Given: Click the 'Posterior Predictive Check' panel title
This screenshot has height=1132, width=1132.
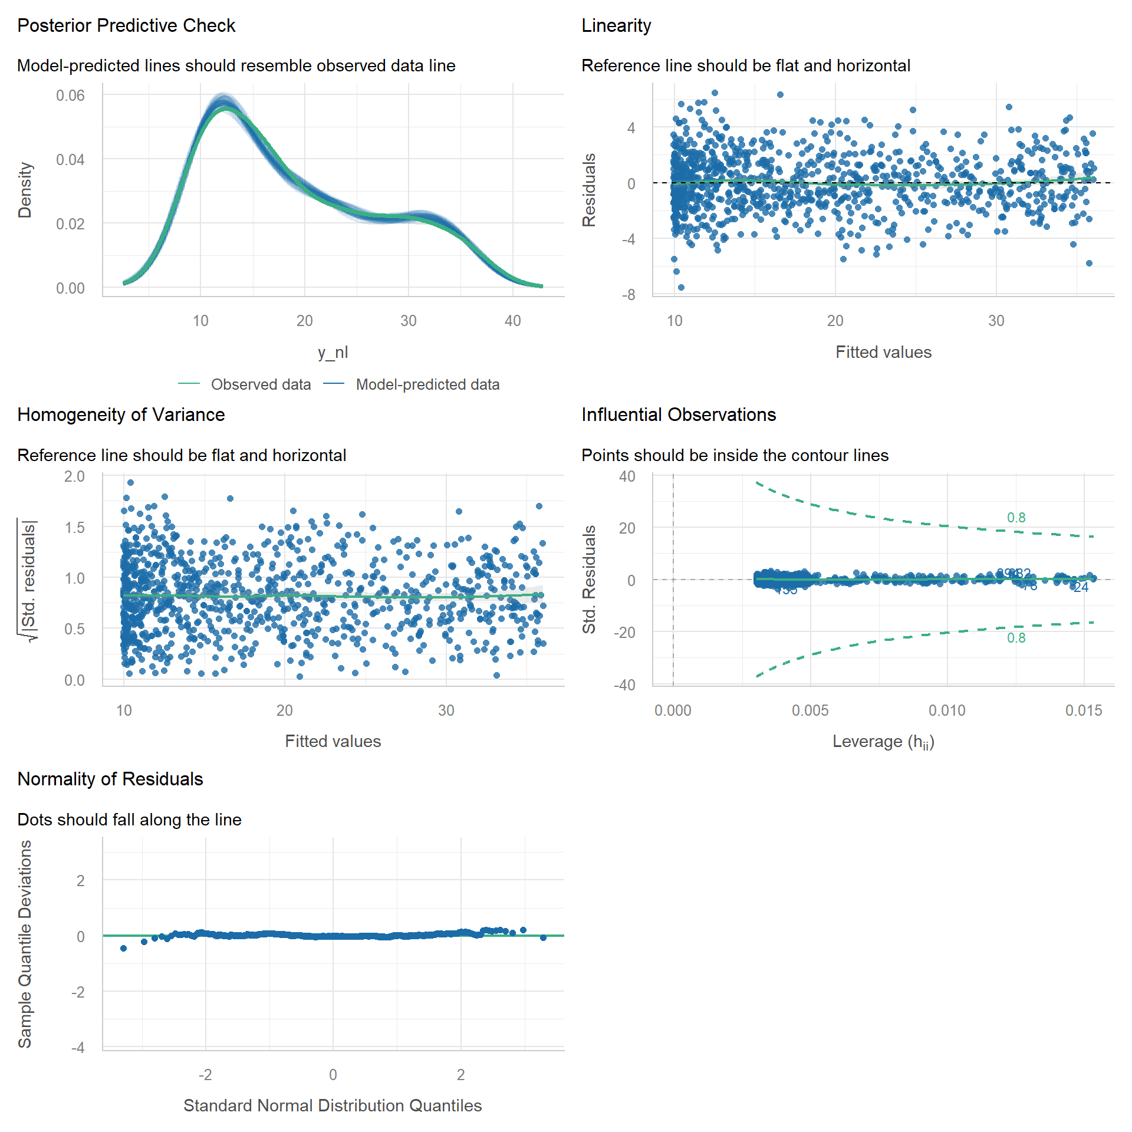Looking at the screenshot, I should (x=126, y=26).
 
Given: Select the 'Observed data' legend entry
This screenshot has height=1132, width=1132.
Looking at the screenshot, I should (x=261, y=384).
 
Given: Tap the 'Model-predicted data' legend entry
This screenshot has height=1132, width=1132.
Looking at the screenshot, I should (x=427, y=384).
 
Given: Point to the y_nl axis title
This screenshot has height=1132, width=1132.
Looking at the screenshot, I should (x=333, y=352).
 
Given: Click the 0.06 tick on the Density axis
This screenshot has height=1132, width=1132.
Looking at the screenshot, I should (x=70, y=96).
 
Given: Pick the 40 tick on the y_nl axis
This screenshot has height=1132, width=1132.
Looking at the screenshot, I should (x=512, y=321).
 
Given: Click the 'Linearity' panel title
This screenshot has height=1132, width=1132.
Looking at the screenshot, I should (x=616, y=26).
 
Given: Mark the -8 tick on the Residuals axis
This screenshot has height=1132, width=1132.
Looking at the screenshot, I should (x=628, y=295).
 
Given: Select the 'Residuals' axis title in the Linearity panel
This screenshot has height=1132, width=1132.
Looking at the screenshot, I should (x=589, y=190).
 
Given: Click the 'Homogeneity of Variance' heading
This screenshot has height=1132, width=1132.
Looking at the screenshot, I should (x=121, y=415).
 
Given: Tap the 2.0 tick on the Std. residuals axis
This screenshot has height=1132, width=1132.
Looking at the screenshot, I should (x=74, y=476).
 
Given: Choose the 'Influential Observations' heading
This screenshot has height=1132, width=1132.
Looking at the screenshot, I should (x=679, y=415).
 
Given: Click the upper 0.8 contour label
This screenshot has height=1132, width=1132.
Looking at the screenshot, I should (x=1016, y=518).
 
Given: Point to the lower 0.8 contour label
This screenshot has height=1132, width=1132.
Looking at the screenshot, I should (x=1016, y=638).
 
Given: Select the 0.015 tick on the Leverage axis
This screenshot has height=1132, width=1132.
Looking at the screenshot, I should (x=1084, y=710).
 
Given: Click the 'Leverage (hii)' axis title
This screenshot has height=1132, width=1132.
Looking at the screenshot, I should (x=883, y=742).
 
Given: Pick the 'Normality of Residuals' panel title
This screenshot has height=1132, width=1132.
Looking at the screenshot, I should (x=110, y=779).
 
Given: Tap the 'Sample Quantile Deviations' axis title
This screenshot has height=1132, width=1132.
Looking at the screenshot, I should (x=25, y=944).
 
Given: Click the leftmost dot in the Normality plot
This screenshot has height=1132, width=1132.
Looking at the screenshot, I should (x=123, y=948).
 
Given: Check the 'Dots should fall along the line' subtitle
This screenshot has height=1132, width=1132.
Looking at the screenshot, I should (x=129, y=820).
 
